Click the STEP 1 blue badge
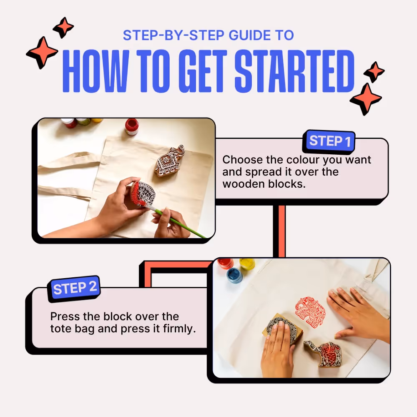coord(329,141)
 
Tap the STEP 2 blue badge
coord(74,288)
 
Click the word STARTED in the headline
coord(294,71)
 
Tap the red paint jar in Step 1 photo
coord(132,126)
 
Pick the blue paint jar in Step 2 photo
coord(235,275)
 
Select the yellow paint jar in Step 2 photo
coord(247,264)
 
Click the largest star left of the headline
coord(42,53)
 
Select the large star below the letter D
coord(366,99)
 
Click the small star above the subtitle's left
coord(63,28)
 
